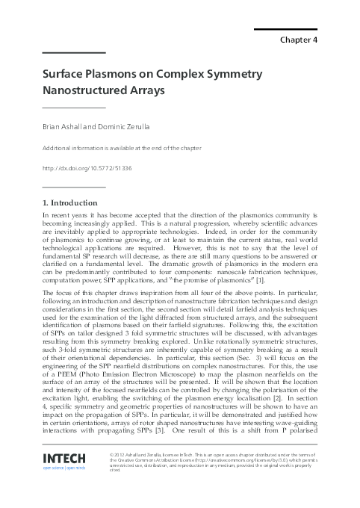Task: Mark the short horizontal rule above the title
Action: click(x=73, y=52)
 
